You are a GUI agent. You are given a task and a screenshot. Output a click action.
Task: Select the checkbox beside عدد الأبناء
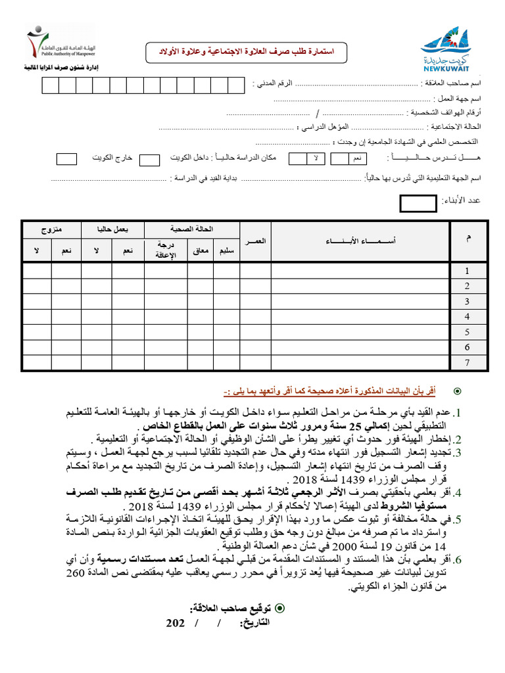coord(418,204)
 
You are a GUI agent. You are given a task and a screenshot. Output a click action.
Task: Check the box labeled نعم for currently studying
coord(340,158)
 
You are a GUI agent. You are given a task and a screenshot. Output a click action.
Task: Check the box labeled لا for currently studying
coord(298,158)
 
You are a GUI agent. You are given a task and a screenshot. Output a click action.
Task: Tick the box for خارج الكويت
coord(66,159)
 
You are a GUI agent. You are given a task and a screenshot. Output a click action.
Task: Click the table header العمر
coord(255,242)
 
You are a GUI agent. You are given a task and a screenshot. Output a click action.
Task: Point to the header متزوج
coord(51,229)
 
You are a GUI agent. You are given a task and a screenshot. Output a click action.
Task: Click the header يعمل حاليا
coord(112,229)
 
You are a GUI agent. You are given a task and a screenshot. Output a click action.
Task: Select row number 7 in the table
coord(467,363)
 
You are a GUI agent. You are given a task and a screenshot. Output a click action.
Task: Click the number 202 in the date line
coord(176,623)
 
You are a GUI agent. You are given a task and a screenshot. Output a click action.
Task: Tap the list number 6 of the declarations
coord(458,559)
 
